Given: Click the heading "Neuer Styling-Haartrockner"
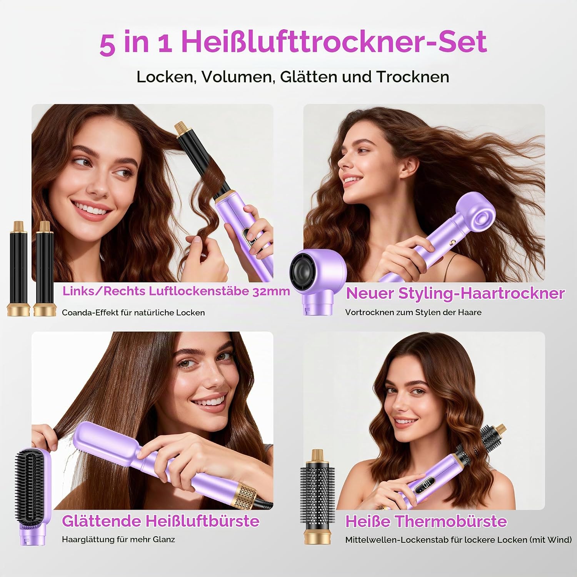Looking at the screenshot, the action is [x=455, y=294].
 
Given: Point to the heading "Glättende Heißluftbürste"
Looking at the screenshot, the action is [x=161, y=521].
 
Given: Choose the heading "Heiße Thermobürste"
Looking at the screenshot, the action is [x=426, y=522].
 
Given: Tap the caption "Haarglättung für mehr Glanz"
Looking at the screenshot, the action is [x=118, y=540].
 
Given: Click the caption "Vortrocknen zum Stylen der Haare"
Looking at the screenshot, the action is [x=413, y=312].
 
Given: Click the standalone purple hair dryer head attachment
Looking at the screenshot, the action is [x=318, y=282].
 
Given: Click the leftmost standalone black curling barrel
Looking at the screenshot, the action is [x=18, y=268].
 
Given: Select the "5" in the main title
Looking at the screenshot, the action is [x=107, y=45].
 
